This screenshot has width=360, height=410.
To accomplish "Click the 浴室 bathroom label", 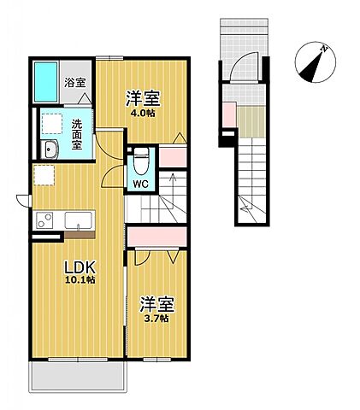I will click(x=75, y=83).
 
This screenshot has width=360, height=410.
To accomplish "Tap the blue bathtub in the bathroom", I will click(x=46, y=81).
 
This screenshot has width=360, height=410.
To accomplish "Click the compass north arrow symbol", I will click(x=315, y=60).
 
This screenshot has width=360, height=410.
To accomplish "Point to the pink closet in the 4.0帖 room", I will click(x=174, y=156).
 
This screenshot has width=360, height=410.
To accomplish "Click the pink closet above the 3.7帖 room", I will click(x=157, y=235).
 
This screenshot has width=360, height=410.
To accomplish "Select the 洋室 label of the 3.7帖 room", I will click(x=155, y=303).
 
